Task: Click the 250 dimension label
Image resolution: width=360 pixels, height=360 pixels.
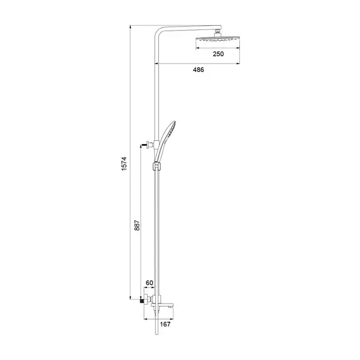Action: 218,54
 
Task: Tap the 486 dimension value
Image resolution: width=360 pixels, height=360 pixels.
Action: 199,70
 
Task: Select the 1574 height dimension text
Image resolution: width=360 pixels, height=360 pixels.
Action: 124,164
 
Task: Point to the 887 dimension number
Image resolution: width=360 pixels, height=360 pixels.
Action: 137,225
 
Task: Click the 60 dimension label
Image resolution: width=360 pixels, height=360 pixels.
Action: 149,283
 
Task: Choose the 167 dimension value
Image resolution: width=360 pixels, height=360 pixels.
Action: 165,324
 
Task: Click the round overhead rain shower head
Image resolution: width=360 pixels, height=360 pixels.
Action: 218,39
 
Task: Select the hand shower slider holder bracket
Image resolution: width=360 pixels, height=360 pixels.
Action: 157,166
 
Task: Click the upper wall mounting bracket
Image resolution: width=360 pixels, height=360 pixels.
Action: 150,145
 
